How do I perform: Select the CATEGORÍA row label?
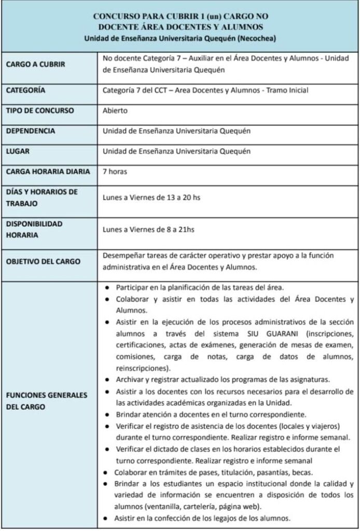coord(25,90)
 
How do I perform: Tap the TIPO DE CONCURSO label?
coord(40,110)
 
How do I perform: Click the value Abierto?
coord(115,110)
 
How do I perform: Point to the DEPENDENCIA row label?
coord(31,131)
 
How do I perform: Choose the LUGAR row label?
coord(17,151)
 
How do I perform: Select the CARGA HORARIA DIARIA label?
coord(48,172)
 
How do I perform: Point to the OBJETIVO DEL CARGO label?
coord(43,261)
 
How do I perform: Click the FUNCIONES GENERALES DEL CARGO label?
coord(46,401)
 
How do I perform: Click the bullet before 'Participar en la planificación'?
coord(106,287)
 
